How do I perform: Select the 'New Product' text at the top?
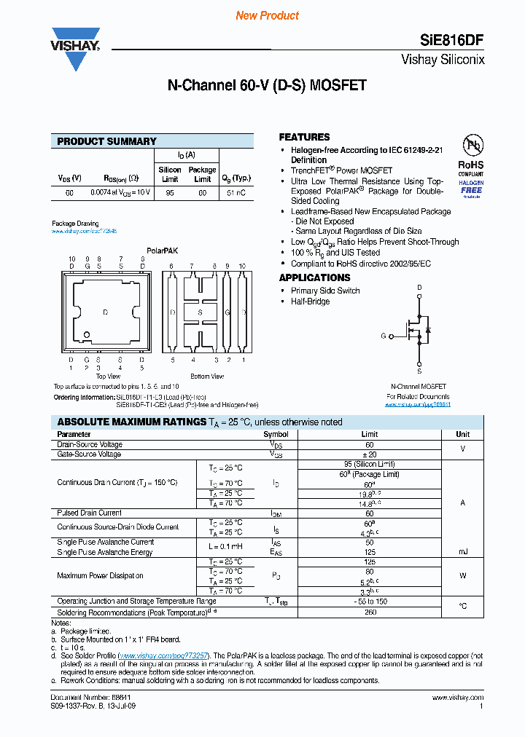268,15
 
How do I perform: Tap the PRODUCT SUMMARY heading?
106,141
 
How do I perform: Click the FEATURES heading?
304,137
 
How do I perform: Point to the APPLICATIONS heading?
314,277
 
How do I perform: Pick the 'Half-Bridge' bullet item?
310,301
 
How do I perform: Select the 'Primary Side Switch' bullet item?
325,291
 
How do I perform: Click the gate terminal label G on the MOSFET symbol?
384,336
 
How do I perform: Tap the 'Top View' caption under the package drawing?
106,377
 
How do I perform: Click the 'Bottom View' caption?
207,377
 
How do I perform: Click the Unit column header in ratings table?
463,434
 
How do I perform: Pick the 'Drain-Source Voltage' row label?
90,444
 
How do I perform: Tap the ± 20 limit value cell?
369,454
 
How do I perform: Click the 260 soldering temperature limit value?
369,612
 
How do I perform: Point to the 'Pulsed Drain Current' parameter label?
90,513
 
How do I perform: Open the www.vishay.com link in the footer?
463,697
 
